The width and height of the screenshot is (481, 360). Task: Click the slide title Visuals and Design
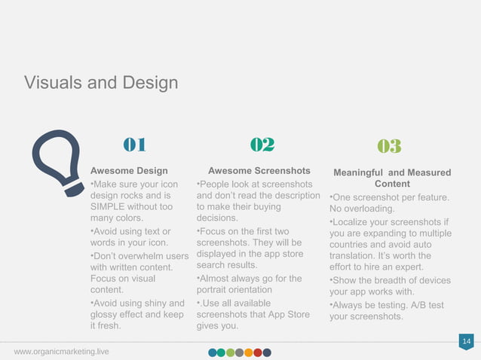click(101, 82)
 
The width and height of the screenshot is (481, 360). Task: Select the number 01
click(134, 145)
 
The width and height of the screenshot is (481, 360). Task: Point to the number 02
click(262, 145)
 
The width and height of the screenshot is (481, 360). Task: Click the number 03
click(389, 146)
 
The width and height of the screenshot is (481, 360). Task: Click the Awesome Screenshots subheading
click(259, 171)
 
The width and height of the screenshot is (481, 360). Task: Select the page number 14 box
click(466, 343)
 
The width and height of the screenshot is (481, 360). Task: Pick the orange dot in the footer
click(249, 352)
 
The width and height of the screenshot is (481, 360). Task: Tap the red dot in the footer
click(258, 352)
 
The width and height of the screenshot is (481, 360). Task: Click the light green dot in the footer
click(231, 352)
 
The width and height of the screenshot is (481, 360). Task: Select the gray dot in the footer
click(240, 352)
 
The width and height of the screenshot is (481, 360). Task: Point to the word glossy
click(106, 315)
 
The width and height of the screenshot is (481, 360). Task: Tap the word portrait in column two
click(214, 291)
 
